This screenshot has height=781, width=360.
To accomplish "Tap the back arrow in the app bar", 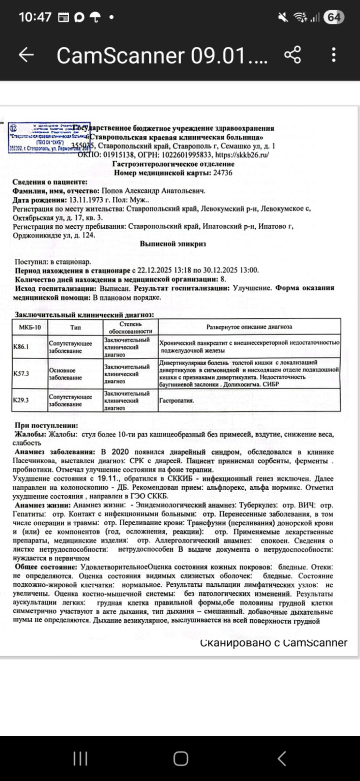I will (x=26, y=55).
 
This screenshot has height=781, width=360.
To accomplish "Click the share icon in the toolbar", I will (x=292, y=55).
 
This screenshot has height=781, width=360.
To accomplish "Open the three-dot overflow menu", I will (x=334, y=55).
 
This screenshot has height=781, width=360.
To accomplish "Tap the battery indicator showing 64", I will (x=334, y=17).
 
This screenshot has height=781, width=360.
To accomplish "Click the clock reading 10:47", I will (x=35, y=17).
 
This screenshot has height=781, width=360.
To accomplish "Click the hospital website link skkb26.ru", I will (x=242, y=155).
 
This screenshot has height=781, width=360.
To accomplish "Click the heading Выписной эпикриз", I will (x=173, y=244).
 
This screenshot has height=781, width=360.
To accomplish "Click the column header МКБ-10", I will (x=29, y=326).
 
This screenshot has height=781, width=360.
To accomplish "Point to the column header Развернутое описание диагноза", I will (x=249, y=326).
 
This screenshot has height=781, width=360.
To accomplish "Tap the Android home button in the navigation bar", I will (x=181, y=759).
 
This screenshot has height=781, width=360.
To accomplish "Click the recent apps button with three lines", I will (x=80, y=759).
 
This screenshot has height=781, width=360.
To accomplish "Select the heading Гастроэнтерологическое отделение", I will (x=173, y=164).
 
